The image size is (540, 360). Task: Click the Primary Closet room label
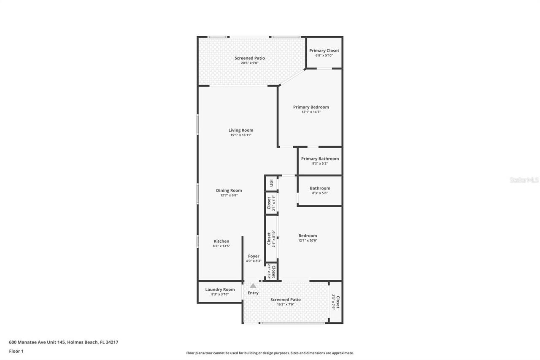click(x=324, y=51)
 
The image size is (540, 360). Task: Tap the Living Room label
click(x=241, y=130)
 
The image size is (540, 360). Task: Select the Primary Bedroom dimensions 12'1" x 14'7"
click(x=311, y=112)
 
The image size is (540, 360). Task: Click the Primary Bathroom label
click(x=320, y=159)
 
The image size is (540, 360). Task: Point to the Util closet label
click(x=271, y=183)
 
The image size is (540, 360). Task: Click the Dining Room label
click(x=229, y=190)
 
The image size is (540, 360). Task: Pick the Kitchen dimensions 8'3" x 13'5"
click(x=221, y=246)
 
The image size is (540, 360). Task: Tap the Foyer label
click(x=254, y=256)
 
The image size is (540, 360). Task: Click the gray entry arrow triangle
click(x=253, y=286)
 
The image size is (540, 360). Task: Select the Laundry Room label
click(x=220, y=290)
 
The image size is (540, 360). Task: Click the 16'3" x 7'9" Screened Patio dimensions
click(x=286, y=304)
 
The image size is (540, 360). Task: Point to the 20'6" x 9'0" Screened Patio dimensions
click(x=250, y=63)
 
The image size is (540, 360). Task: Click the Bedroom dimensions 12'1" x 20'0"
click(x=308, y=241)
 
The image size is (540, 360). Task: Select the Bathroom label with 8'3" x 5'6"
click(x=320, y=188)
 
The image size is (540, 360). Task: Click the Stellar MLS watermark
click(x=524, y=180)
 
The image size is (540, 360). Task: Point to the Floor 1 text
click(x=16, y=351)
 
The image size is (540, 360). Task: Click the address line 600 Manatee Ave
click(x=63, y=342)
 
